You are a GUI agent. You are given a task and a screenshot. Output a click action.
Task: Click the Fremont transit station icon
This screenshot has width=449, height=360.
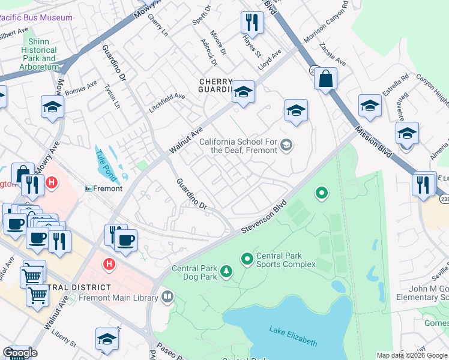tap(89, 188)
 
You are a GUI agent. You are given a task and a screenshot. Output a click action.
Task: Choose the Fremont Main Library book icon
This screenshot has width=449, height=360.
tap(167, 296)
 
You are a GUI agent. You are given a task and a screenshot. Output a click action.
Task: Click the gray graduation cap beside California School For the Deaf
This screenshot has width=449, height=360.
tap(287, 144)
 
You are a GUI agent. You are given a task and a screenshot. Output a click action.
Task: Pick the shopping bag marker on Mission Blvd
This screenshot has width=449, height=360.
tap(325, 79)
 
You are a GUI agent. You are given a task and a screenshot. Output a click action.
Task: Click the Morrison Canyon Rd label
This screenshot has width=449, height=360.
tap(326, 22)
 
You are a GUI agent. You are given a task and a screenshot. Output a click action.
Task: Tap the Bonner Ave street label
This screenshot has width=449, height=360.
tap(81, 88)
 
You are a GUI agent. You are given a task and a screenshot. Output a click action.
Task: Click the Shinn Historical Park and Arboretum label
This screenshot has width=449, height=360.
tap(39, 59)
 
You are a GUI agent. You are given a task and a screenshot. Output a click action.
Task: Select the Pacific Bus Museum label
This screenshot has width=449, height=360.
tap(36, 17)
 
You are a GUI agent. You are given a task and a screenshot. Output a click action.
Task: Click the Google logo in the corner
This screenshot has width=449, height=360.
tap(20, 352)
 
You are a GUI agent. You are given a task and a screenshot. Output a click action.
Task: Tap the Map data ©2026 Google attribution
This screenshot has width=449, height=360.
tap(412, 355)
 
